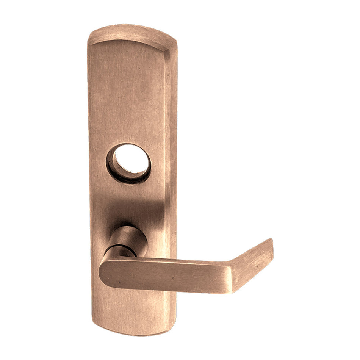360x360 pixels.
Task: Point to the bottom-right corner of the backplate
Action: coord(167,329)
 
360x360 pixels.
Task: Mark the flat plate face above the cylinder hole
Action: coord(127,95)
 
